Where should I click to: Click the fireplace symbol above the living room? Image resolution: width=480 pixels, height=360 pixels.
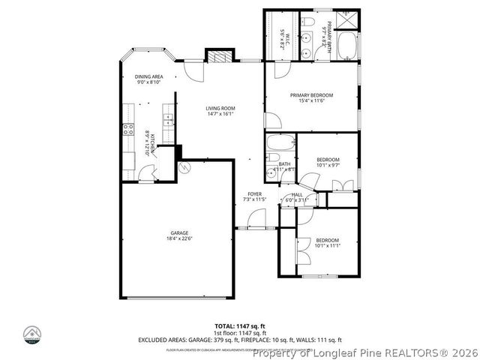[217, 57]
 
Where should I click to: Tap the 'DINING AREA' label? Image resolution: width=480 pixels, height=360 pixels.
[148, 76]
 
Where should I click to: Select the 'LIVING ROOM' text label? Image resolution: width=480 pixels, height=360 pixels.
[220, 109]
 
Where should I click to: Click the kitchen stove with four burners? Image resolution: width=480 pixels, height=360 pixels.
[127, 132]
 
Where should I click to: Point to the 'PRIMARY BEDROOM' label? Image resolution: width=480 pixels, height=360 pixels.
[311, 95]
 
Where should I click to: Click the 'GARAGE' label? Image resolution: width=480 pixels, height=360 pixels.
[178, 232]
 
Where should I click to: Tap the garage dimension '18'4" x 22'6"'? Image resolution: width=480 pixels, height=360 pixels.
[178, 239]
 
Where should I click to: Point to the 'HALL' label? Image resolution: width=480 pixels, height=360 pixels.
[297, 194]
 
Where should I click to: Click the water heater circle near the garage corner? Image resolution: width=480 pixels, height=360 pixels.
[185, 169]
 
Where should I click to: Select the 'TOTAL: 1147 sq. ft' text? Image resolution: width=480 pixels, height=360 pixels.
[240, 326]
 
